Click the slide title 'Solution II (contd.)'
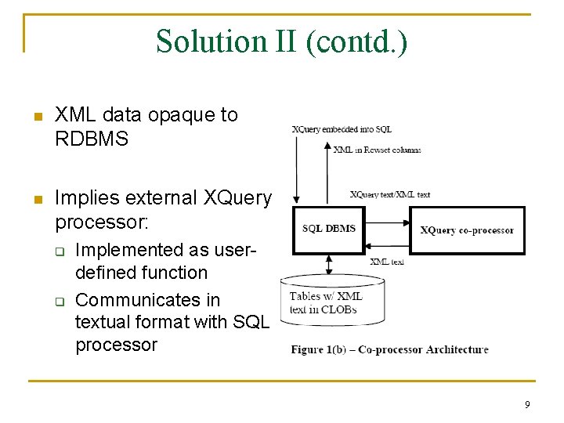coord(281,41)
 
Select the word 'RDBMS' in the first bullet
coord(92,139)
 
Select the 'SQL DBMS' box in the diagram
coord(329,229)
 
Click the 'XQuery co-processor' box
coord(467,230)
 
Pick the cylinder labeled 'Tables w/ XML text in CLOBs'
coord(332,301)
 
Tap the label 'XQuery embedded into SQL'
coord(342,129)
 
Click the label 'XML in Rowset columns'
coord(377,150)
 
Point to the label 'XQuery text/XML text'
coord(389,194)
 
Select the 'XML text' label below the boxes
coord(387,262)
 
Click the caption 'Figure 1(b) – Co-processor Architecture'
coord(389,349)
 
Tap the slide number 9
coord(527,405)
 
